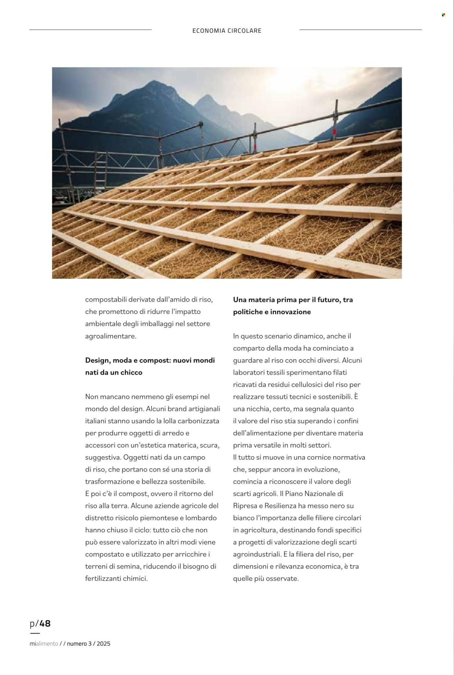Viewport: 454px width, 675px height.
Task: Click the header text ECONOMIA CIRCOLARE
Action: pyautogui.click(x=227, y=31)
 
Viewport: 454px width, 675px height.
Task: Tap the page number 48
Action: pyautogui.click(x=45, y=623)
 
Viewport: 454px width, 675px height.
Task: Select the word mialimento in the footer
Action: pyautogui.click(x=44, y=643)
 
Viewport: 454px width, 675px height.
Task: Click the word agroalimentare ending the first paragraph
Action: pyautogui.click(x=110, y=336)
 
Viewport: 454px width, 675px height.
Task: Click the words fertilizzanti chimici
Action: pyautogui.click(x=116, y=578)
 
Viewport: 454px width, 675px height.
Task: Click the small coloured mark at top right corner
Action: pyautogui.click(x=443, y=15)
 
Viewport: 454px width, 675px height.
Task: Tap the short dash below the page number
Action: pyautogui.click(x=35, y=633)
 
